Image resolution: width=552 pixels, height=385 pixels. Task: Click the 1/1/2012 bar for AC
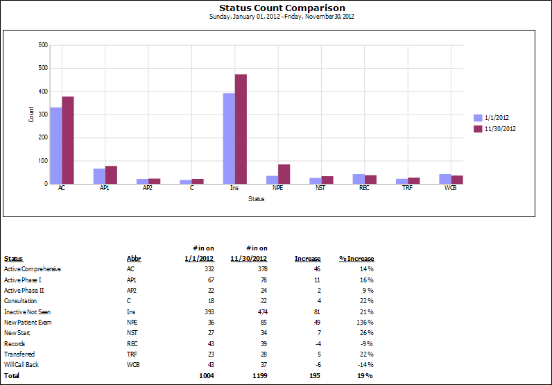point(55,146)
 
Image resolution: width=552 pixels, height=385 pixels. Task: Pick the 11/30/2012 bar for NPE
point(284,174)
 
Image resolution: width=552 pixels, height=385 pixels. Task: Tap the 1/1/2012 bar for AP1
point(99,176)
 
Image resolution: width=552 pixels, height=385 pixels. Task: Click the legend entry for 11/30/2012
point(494,128)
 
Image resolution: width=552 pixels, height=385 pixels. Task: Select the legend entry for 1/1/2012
point(494,118)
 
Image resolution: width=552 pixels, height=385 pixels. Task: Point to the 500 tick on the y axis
point(43,68)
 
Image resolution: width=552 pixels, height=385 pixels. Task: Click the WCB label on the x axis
point(451,188)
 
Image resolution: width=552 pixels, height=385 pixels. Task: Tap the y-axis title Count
point(31,114)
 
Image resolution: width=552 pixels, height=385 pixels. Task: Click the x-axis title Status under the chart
point(257,200)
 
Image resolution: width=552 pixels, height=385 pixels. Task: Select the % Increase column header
point(356,259)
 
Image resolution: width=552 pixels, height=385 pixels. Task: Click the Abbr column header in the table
point(134,259)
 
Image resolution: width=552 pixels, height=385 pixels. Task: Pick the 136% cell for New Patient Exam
point(365,322)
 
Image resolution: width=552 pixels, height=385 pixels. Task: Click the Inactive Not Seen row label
point(27,311)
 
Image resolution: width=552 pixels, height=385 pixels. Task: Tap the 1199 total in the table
point(258,375)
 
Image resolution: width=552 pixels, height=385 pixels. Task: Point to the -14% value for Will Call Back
point(365,364)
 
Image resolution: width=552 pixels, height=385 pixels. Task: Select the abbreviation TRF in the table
point(132,354)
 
